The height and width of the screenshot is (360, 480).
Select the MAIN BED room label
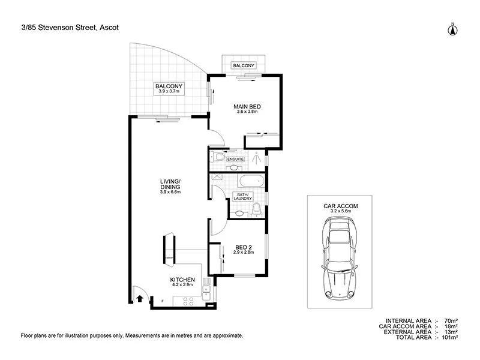pos(247,107)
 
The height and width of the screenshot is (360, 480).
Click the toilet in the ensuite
pos(219,158)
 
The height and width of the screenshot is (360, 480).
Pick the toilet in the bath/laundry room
pos(256,209)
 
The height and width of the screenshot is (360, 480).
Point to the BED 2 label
pos(244,247)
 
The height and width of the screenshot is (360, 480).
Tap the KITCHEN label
pos(182,280)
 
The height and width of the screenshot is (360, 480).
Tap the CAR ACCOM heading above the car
pos(340,206)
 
